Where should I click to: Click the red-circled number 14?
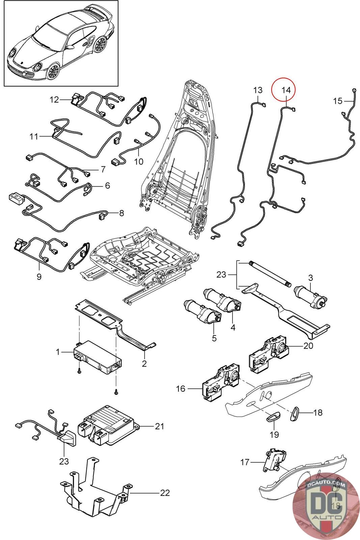tap(285, 90)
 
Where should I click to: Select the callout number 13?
tap(257, 90)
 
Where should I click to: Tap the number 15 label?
tap(338, 101)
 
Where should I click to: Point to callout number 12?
tap(54, 100)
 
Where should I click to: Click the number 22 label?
tap(165, 493)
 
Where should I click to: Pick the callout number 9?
tap(39, 276)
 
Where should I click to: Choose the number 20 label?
tap(308, 346)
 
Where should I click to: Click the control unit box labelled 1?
tap(98, 358)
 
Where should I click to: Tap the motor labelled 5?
tap(202, 312)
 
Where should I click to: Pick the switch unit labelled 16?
tap(219, 381)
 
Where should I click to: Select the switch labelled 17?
tap(275, 461)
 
